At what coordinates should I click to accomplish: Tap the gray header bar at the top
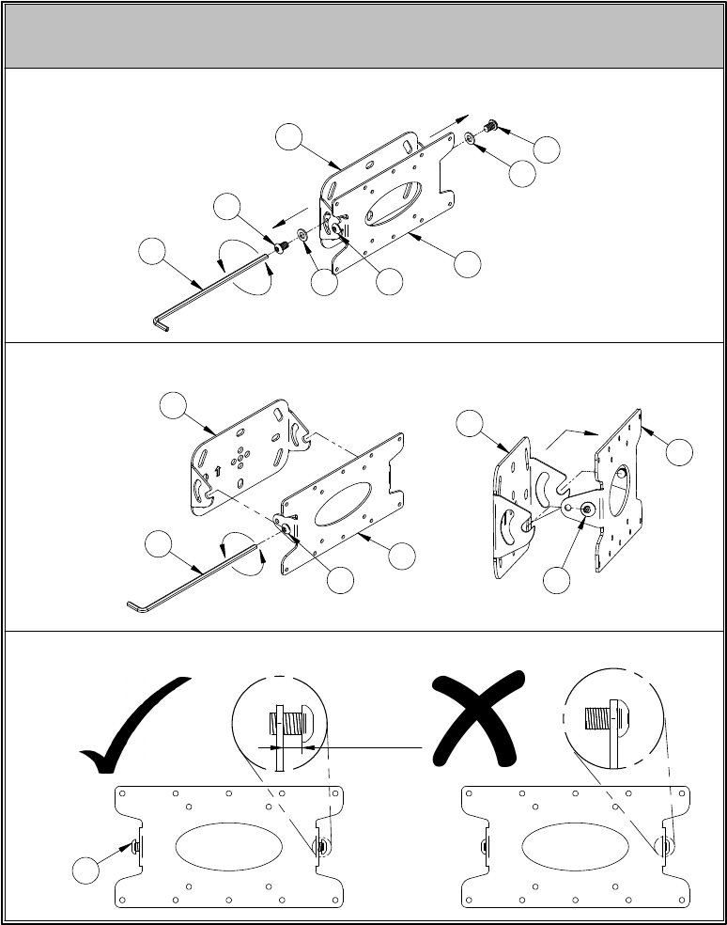[363, 36]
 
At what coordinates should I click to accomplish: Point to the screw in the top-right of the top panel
[488, 126]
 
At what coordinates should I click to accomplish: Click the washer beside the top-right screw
[469, 139]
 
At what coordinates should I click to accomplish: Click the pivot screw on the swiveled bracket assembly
[587, 509]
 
